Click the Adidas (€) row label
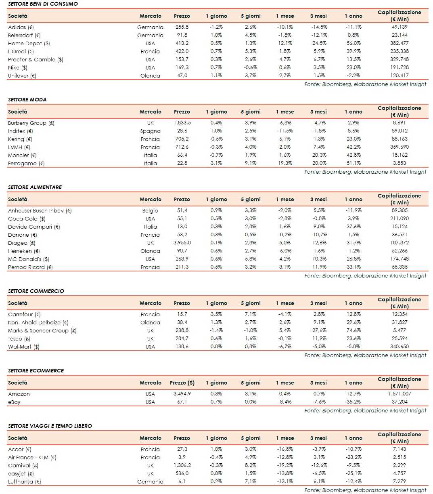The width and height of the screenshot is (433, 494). point(21,27)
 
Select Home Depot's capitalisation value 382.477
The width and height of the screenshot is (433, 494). point(399,43)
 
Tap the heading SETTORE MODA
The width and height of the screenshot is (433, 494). point(27,99)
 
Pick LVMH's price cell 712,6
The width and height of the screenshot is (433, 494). point(182,147)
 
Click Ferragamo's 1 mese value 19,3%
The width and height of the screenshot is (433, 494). point(285,163)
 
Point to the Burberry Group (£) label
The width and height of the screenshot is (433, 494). point(31,123)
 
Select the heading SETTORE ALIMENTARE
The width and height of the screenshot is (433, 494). point(35,187)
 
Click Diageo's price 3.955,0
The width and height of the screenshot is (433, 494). point(182,243)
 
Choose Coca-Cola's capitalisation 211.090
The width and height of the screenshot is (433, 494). point(399,219)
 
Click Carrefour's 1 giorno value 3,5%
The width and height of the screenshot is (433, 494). point(216,314)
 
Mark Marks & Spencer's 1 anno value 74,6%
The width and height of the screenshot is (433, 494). point(354,330)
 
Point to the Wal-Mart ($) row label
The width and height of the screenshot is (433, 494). point(24,347)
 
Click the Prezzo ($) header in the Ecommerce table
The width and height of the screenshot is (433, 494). point(182,383)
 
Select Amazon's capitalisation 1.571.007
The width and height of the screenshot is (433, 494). point(399,394)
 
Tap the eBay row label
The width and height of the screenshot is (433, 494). point(14,402)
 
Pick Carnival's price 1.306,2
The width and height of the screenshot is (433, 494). point(182,465)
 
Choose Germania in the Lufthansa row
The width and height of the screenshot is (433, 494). point(150,482)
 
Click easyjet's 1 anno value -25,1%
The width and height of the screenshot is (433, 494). point(354,473)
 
